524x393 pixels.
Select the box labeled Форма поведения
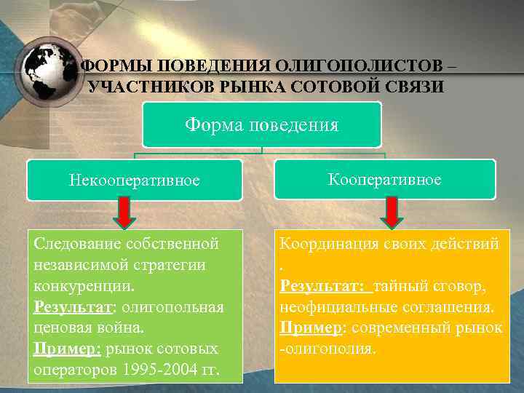coord(261,124)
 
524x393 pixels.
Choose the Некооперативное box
coord(134,180)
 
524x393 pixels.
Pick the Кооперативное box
coord(384,179)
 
